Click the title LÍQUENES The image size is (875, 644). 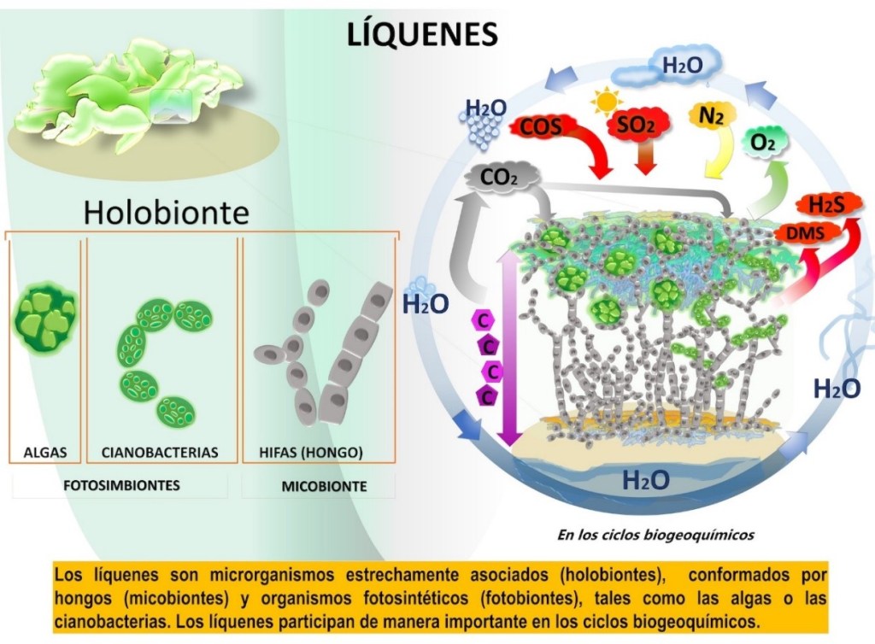422,33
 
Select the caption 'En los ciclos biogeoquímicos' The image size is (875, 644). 655,536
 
